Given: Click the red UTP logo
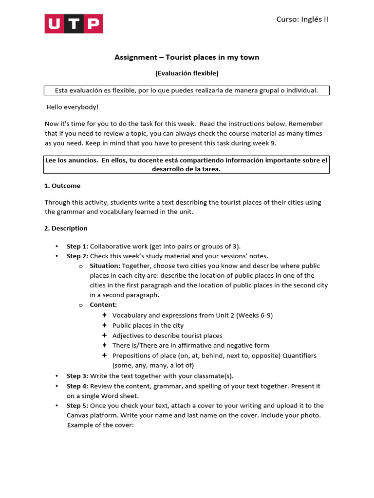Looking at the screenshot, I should coord(74,23).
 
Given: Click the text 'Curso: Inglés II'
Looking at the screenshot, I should coord(302,19).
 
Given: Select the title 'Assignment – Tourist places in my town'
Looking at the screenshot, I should coord(187,57).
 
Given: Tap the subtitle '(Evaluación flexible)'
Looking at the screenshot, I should coord(187,73).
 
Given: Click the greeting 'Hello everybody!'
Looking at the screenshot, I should coord(72,107).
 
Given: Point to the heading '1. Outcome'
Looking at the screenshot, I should coord(62,186).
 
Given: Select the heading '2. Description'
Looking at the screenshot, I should coord(66,228).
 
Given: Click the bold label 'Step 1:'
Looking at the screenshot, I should coord(77,246).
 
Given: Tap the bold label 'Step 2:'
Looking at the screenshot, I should coord(77,256).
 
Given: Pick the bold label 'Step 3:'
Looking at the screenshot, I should coord(77,376).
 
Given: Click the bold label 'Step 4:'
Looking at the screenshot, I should coord(77,386).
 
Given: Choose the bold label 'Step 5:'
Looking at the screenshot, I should coord(77,406).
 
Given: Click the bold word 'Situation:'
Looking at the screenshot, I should coord(105,266).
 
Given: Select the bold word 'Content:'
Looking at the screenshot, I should coord(103,305).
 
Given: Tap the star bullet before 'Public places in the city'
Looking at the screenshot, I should coord(104,325).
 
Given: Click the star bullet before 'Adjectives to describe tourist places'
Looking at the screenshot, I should coord(104,336).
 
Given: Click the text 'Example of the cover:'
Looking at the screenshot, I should coord(100,425).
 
